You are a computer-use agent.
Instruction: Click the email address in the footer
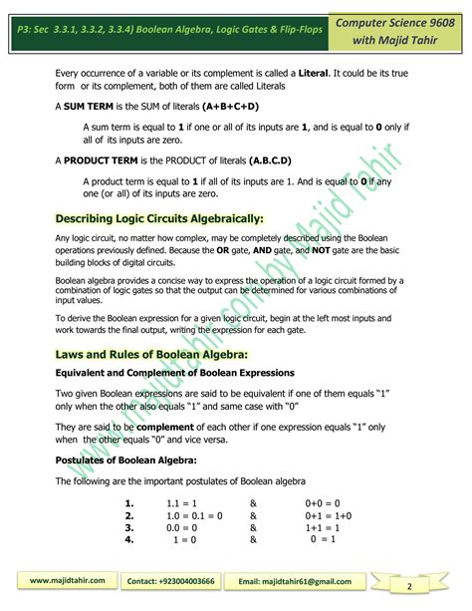coord(315,579)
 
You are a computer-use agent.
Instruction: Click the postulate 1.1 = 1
coord(181,503)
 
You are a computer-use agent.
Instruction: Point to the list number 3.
coord(129,527)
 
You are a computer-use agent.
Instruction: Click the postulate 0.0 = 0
coord(182,527)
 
